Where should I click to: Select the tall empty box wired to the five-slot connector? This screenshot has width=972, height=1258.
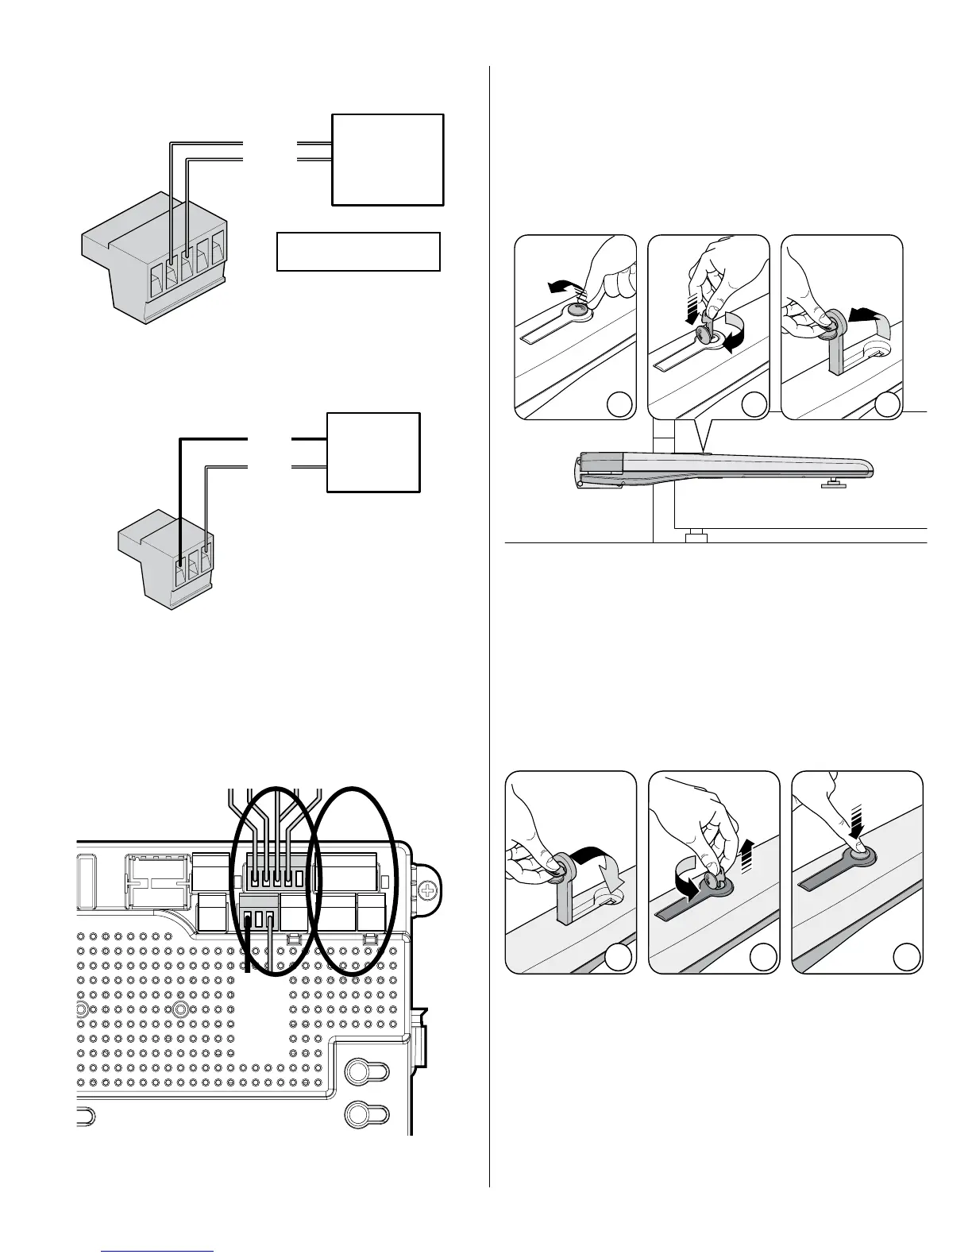click(x=387, y=160)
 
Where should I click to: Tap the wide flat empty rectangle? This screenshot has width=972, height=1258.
click(x=358, y=252)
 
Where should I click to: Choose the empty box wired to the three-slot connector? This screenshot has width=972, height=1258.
click(x=373, y=453)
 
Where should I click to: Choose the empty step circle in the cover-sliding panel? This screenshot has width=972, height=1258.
click(x=618, y=405)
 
